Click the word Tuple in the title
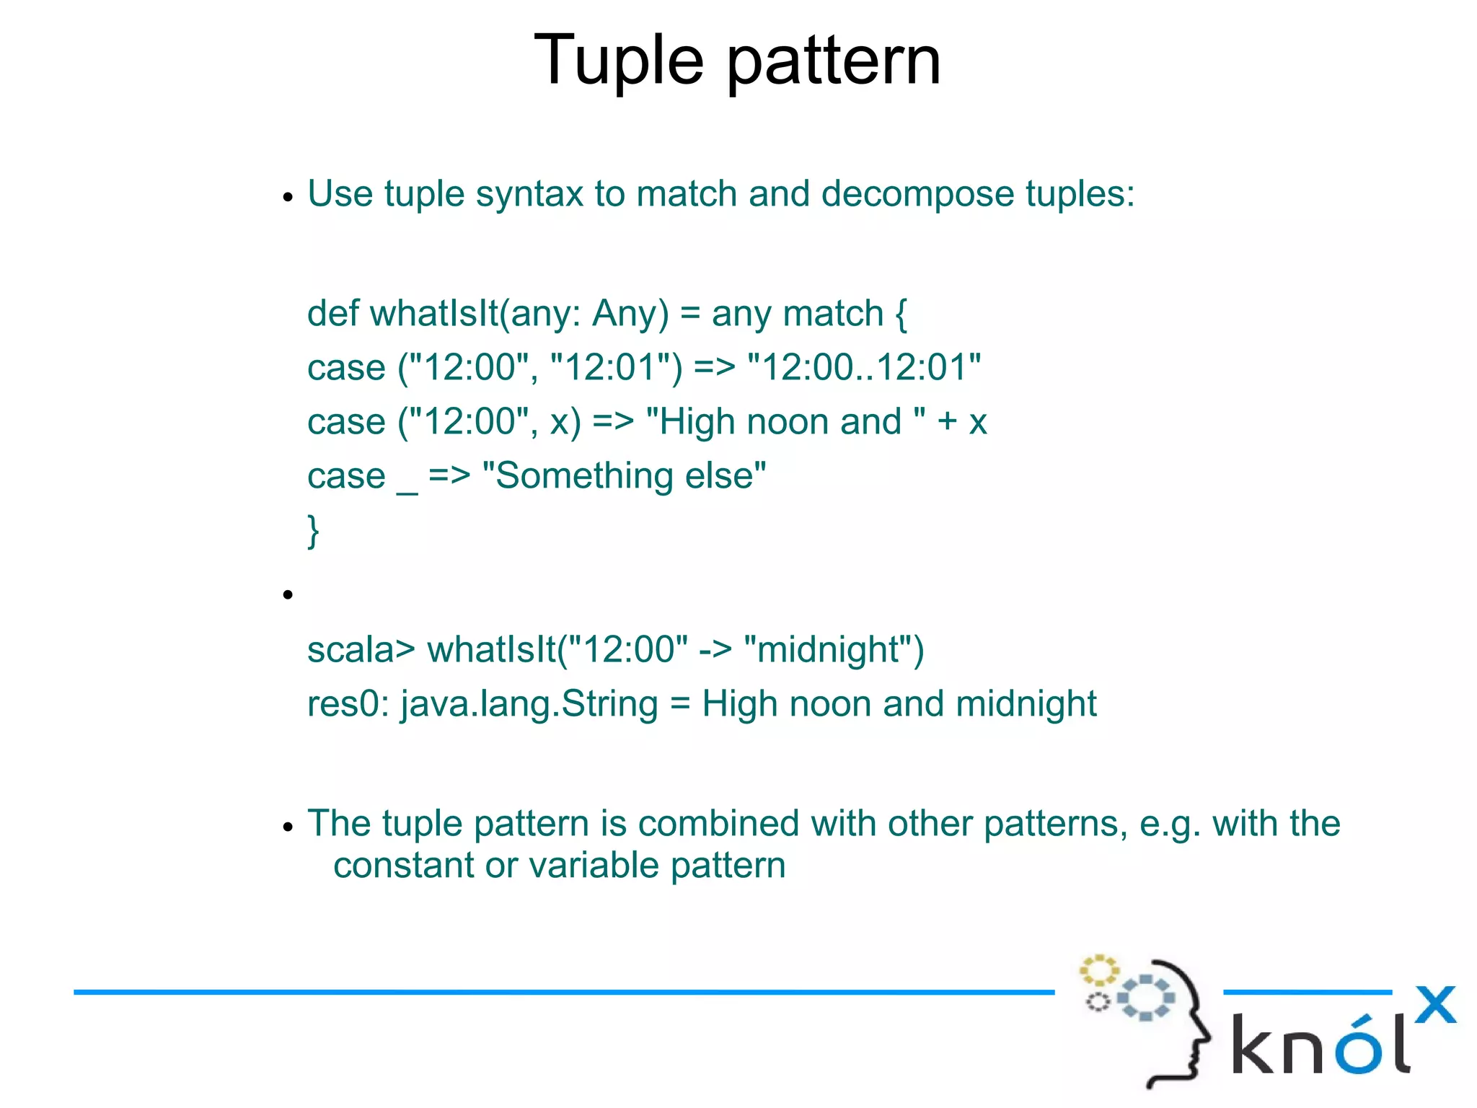[x=618, y=61]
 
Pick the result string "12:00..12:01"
[x=865, y=367]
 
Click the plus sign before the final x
[x=947, y=422]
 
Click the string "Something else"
[x=624, y=476]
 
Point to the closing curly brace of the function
[x=314, y=532]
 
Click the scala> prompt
[x=361, y=650]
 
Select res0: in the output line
[x=348, y=704]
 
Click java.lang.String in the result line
[x=529, y=704]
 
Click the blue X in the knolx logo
[x=1434, y=1004]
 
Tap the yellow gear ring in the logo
[x=1098, y=970]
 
